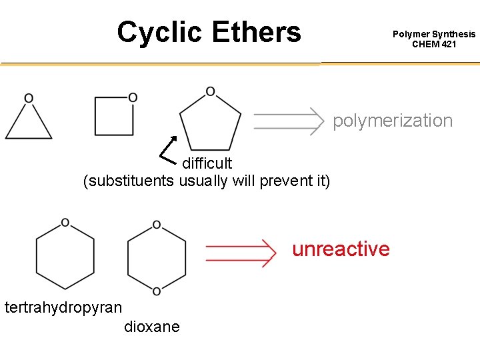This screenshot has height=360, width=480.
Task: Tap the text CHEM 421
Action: coord(434,45)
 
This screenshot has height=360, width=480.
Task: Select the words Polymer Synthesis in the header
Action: coord(434,34)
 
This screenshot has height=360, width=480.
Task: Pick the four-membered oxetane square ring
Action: coord(114,116)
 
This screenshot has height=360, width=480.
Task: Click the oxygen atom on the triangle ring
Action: coord(29,99)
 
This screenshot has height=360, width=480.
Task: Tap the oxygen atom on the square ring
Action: coord(133,98)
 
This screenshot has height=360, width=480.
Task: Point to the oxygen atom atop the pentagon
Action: coord(210,91)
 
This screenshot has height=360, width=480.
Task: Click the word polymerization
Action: coord(393,121)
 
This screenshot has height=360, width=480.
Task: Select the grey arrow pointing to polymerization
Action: coord(287,121)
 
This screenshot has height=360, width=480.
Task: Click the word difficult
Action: coord(207,163)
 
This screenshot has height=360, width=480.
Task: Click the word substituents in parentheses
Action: coord(129,181)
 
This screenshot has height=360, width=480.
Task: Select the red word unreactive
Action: coord(341,249)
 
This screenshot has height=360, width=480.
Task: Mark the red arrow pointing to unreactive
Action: coord(240,253)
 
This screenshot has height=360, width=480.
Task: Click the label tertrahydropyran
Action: coord(63,307)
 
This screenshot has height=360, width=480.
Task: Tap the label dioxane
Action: coord(151,327)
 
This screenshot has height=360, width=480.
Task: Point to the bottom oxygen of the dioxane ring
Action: coord(156,291)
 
